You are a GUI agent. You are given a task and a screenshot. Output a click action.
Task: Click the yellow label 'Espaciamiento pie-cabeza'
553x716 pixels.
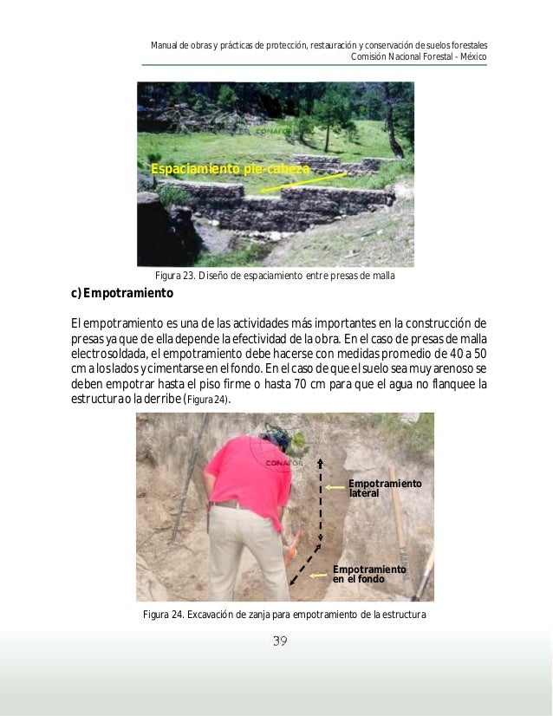point(229,168)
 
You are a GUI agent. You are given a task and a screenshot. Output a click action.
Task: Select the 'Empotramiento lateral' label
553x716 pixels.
point(384,488)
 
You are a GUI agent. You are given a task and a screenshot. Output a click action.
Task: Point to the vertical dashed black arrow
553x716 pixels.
point(321,498)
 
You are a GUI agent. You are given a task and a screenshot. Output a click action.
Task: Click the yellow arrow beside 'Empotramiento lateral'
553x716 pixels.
point(337,487)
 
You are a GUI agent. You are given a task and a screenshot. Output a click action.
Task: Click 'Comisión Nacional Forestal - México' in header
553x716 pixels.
point(419,57)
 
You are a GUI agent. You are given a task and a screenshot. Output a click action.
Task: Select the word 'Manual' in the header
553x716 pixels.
point(164,45)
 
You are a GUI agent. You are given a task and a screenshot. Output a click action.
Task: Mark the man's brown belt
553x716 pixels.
point(230,504)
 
